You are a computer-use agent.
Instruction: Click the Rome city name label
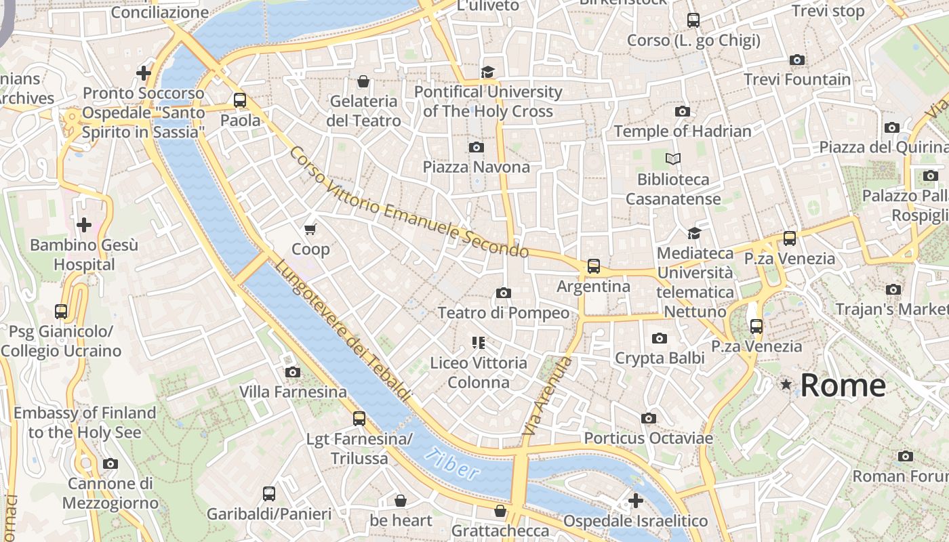[x=843, y=385]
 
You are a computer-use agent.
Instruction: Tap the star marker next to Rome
[x=786, y=385]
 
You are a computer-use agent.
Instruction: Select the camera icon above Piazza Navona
[x=477, y=147]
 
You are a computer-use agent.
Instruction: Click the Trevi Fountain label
[x=796, y=79]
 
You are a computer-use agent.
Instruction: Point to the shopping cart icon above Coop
[x=310, y=230]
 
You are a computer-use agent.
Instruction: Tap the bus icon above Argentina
[x=594, y=266]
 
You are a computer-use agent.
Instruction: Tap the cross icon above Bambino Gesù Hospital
[x=84, y=224]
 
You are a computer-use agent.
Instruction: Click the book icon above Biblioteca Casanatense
[x=672, y=159]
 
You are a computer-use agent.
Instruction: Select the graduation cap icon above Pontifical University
[x=487, y=72]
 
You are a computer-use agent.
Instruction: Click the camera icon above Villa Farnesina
[x=293, y=372]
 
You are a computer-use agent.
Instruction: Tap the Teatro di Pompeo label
[x=503, y=313]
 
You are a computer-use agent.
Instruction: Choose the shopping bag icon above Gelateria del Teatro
[x=363, y=81]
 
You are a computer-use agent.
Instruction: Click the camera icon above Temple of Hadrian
[x=683, y=111]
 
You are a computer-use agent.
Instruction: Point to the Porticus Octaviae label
[x=648, y=438]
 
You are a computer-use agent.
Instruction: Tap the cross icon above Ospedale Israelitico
[x=635, y=501]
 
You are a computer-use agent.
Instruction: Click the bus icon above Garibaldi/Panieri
[x=269, y=493]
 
